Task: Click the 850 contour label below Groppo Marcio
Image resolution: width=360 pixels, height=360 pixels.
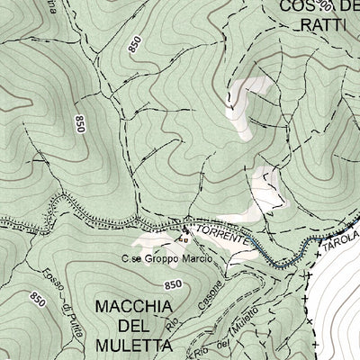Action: (174, 284)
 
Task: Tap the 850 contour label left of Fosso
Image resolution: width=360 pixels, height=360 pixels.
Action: (38, 298)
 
